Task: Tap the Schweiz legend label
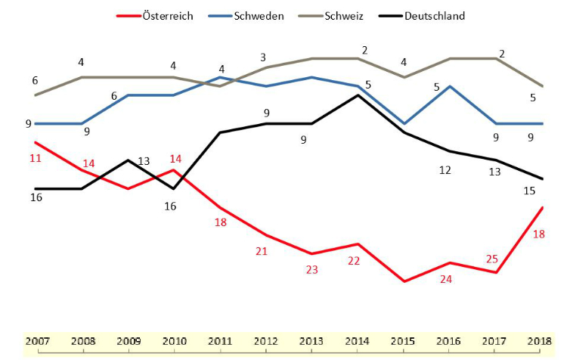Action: [344, 15]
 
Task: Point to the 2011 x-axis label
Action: [221, 340]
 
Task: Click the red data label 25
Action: [491, 259]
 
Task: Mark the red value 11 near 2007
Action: [35, 159]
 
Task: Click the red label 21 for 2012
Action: [262, 251]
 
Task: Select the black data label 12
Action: [445, 170]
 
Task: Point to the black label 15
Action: [530, 191]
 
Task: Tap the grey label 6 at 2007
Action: [35, 80]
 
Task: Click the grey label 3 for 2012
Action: [262, 57]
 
